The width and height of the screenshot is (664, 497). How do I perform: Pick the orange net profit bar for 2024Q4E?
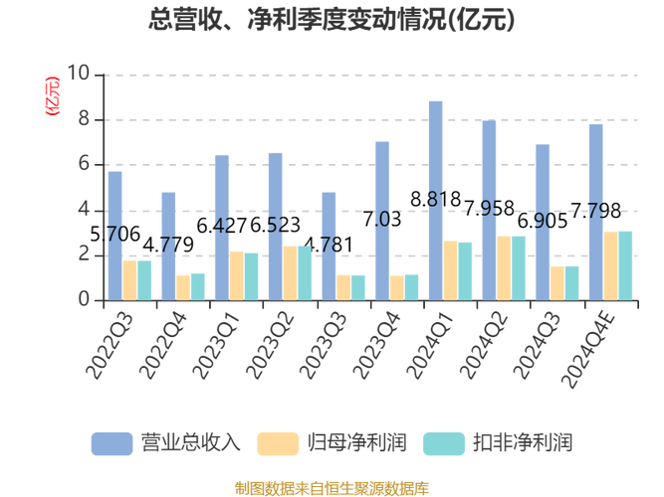coord(610,266)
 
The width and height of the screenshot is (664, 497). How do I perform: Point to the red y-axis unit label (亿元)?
coord(53,95)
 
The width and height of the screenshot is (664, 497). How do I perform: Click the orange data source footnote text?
coord(332,488)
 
